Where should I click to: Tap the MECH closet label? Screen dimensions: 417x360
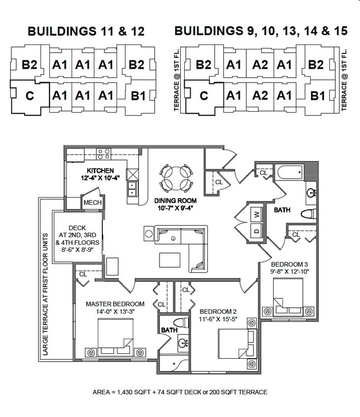92,203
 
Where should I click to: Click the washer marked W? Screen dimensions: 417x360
257,215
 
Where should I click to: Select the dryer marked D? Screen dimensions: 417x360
257,231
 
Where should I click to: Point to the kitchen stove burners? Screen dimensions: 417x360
104,154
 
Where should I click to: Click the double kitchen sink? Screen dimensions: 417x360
132,190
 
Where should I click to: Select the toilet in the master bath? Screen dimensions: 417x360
182,324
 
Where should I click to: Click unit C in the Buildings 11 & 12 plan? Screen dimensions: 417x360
30,96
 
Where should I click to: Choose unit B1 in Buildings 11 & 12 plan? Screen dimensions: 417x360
138,95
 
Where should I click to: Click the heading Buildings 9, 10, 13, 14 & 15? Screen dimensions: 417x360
261,32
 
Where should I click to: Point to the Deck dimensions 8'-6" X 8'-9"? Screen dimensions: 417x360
78,250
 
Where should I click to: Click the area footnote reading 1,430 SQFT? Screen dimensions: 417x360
180,392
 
